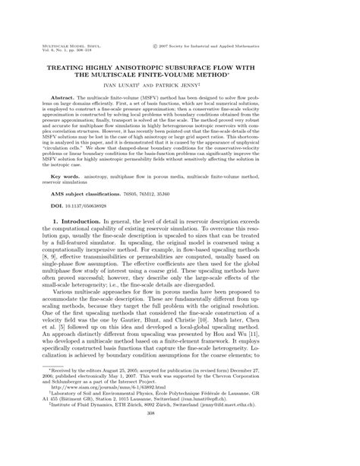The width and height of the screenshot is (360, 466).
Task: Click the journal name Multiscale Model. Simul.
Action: click(x=62, y=45)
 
